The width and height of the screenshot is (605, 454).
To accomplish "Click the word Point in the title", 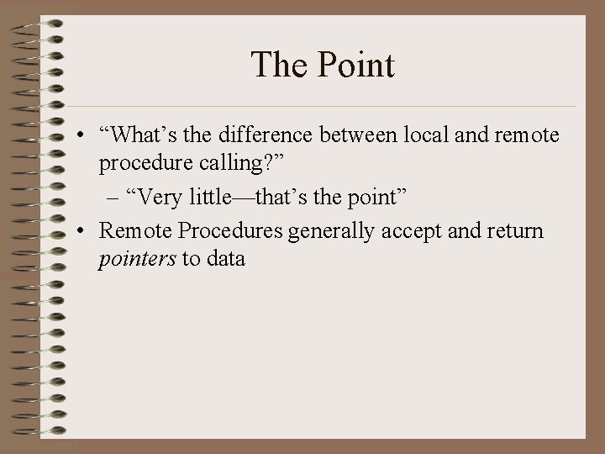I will (x=356, y=65).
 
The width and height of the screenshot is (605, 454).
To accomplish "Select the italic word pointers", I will (x=137, y=258).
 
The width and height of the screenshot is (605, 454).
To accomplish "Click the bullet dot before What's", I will (x=78, y=136).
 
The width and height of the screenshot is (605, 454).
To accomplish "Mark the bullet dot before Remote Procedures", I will (x=78, y=230).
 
